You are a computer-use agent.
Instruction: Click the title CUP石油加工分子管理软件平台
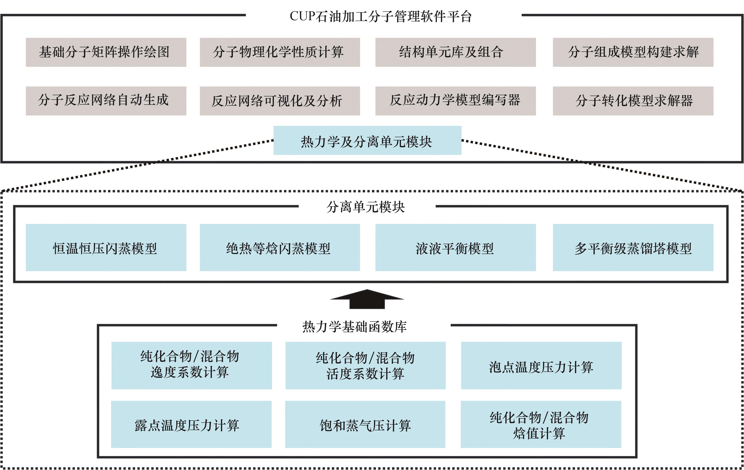click(x=381, y=16)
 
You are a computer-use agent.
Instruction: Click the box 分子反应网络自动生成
click(x=106, y=101)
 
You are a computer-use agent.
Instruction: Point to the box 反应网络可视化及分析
click(x=280, y=101)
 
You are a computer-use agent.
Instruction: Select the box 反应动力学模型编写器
click(x=455, y=101)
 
